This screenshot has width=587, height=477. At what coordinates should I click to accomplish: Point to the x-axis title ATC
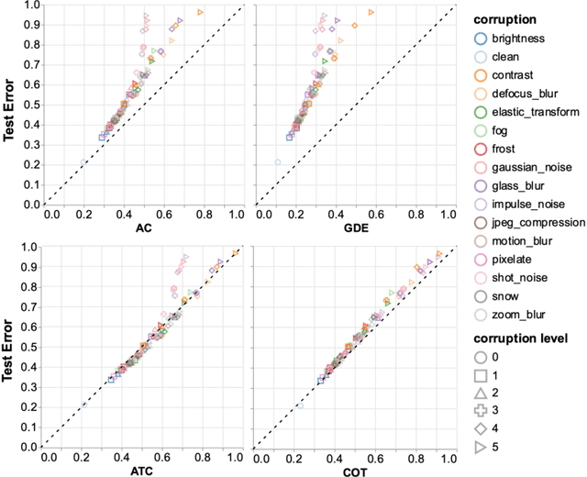pyautogui.click(x=142, y=468)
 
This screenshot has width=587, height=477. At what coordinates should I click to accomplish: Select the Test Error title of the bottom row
pyautogui.click(x=8, y=346)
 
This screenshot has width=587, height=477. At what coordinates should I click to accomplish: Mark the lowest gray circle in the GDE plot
pyautogui.click(x=278, y=162)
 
